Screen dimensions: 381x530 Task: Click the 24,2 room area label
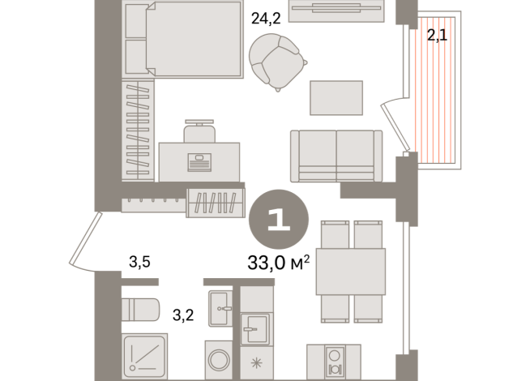click(x=265, y=20)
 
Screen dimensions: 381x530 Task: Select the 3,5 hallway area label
click(x=140, y=262)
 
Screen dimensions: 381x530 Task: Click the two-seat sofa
click(x=336, y=155)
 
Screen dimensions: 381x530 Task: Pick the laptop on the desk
click(x=199, y=161)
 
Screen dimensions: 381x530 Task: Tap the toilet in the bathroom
click(x=143, y=310)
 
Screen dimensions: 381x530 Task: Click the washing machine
click(x=218, y=358)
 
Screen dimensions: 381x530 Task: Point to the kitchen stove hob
click(x=332, y=362)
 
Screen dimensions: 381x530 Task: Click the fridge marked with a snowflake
click(x=259, y=362)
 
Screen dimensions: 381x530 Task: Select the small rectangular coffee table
click(x=336, y=97)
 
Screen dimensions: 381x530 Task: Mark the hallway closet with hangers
click(x=216, y=201)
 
